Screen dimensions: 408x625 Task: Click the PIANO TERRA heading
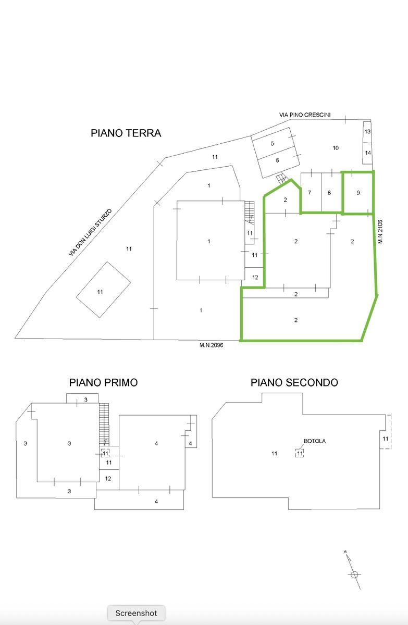click(x=126, y=133)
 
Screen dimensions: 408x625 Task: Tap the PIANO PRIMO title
click(x=103, y=382)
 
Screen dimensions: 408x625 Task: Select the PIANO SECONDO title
click(x=294, y=382)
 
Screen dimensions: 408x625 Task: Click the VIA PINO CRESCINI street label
click(x=305, y=115)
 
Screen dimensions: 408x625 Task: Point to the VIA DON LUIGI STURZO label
click(x=90, y=232)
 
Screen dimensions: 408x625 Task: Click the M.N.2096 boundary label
click(x=211, y=345)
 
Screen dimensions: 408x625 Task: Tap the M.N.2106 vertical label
click(x=380, y=232)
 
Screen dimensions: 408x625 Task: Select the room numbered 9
click(x=358, y=193)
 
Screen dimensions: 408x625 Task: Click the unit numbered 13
click(x=367, y=131)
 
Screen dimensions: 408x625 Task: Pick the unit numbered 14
click(x=367, y=153)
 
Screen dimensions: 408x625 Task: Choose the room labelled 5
click(x=273, y=143)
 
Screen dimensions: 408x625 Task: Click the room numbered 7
click(x=310, y=193)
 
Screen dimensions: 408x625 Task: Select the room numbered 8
click(x=329, y=193)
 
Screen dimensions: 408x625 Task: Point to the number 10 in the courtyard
click(x=336, y=147)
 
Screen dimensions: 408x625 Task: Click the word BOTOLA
click(x=315, y=441)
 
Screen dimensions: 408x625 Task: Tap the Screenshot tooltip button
click(x=136, y=613)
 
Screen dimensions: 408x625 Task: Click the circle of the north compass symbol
click(x=354, y=574)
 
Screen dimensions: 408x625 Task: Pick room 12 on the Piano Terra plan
click(x=255, y=277)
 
